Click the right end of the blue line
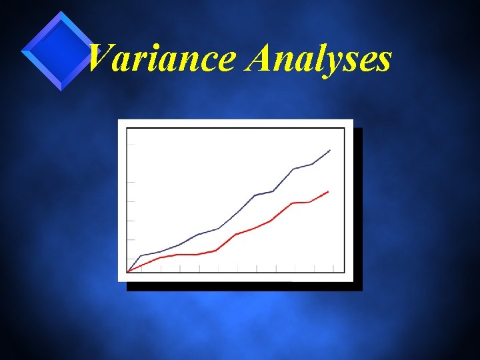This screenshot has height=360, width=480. click(x=330, y=150)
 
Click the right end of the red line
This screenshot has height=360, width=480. click(x=329, y=191)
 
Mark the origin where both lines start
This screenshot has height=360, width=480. click(x=127, y=272)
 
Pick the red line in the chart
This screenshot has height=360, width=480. click(x=253, y=228)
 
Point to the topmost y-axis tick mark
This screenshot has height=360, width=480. click(x=131, y=143)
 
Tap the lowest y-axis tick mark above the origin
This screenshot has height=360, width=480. click(x=131, y=259)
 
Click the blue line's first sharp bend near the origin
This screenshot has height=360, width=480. click(x=140, y=256)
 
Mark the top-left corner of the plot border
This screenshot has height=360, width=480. click(x=127, y=128)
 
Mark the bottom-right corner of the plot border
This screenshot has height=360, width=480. click(x=345, y=273)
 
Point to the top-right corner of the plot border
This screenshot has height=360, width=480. click(x=345, y=128)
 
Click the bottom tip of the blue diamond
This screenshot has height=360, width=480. click(x=61, y=90)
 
